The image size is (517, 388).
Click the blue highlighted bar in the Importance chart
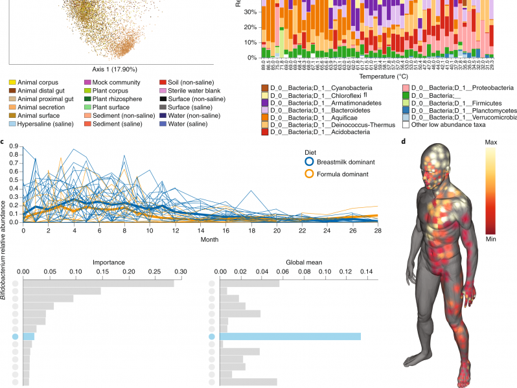(29, 336)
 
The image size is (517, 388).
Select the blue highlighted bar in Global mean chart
(290, 336)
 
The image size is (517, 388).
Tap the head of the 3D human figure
(432, 155)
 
